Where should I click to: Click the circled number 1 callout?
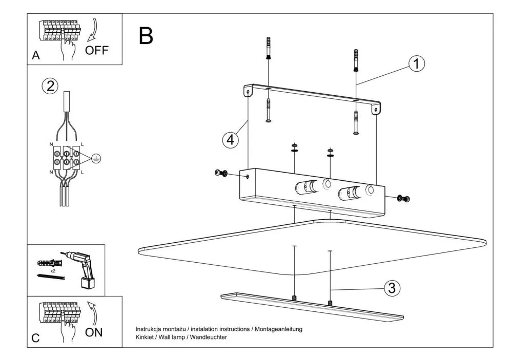point(417,63)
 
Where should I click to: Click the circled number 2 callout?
point(50,86)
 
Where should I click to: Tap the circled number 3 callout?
point(392,288)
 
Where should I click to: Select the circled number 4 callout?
point(231,139)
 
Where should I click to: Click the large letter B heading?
point(146,35)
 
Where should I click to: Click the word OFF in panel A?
point(97,51)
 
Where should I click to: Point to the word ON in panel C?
point(93,332)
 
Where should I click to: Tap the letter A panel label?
point(35,56)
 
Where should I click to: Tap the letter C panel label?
point(35,338)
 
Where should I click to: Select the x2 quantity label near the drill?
point(52,270)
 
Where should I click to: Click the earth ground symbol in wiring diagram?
point(95,159)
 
